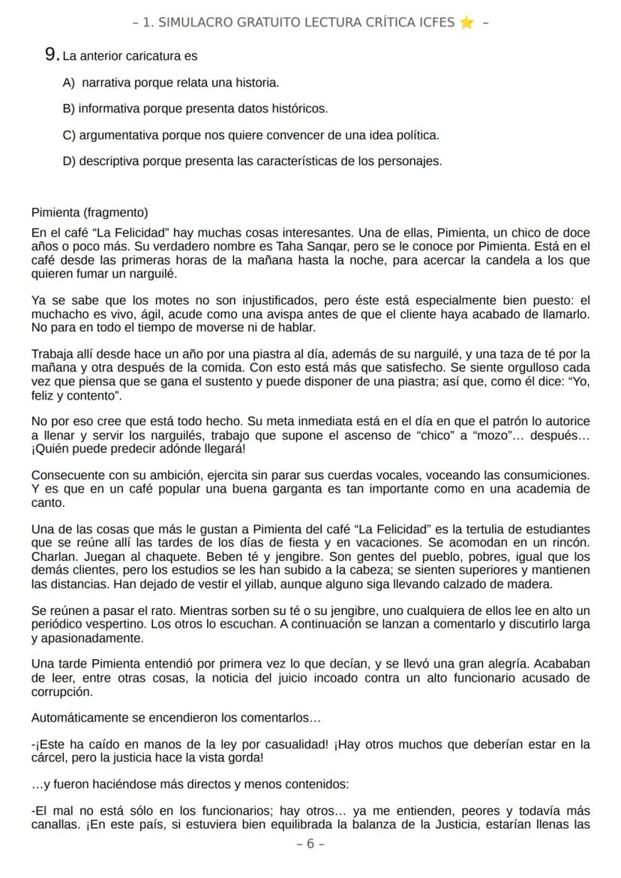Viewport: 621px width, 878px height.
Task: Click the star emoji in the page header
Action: coord(466,22)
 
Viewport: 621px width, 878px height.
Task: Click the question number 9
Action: coord(51,55)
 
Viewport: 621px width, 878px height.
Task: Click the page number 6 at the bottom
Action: coord(310,844)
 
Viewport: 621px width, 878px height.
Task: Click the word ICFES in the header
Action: coord(435,22)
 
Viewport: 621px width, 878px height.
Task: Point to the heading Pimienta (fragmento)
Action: coord(90,212)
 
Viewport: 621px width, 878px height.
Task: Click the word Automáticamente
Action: coord(80,718)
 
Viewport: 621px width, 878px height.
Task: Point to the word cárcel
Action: coord(49,758)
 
